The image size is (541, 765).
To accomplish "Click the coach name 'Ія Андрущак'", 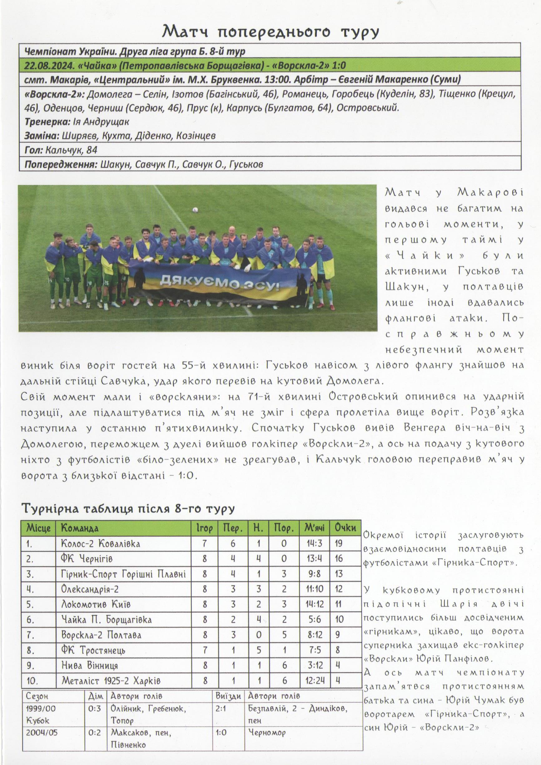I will (100, 122).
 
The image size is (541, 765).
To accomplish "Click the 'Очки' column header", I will (345, 528).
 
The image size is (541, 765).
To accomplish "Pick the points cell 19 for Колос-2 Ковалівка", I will (338, 543).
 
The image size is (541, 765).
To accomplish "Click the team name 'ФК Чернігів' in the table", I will (86, 558).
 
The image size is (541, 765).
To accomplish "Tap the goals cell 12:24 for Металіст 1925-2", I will (315, 680).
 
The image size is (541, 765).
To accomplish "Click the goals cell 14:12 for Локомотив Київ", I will (314, 604).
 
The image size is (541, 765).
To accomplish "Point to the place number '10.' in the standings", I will (32, 680).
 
